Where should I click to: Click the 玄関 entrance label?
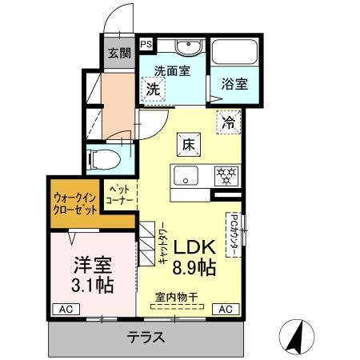(119, 54)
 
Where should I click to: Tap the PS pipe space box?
(147, 45)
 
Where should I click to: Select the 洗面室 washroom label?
(171, 70)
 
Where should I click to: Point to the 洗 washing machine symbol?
(152, 90)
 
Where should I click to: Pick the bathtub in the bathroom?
(237, 54)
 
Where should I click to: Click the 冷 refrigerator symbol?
(229, 122)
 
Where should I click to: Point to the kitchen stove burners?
(225, 175)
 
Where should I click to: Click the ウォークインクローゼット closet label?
(76, 202)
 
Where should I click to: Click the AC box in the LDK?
(225, 308)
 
